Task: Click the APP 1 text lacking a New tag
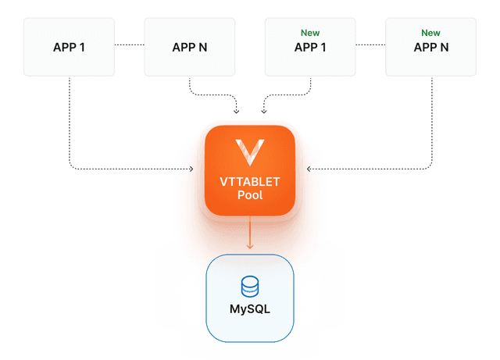[69, 48]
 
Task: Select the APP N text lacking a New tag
[190, 48]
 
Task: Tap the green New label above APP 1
[310, 33]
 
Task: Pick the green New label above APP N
[430, 33]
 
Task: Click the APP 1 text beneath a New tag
[310, 48]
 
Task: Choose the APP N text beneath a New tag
[431, 48]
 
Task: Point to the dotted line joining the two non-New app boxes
[129, 45]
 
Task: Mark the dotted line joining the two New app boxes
[370, 45]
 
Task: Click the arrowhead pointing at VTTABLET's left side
[191, 169]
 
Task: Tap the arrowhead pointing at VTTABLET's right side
[309, 169]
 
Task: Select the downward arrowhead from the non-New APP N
[236, 112]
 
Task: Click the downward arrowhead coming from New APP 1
[264, 112]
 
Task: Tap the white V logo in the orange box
[250, 152]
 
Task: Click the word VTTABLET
[250, 182]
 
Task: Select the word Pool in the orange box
[250, 194]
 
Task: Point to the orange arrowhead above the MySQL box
[250, 246]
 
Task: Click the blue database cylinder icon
[250, 287]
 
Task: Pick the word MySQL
[250, 308]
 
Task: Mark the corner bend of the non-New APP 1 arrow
[71, 167]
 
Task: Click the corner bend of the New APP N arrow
[430, 167]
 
